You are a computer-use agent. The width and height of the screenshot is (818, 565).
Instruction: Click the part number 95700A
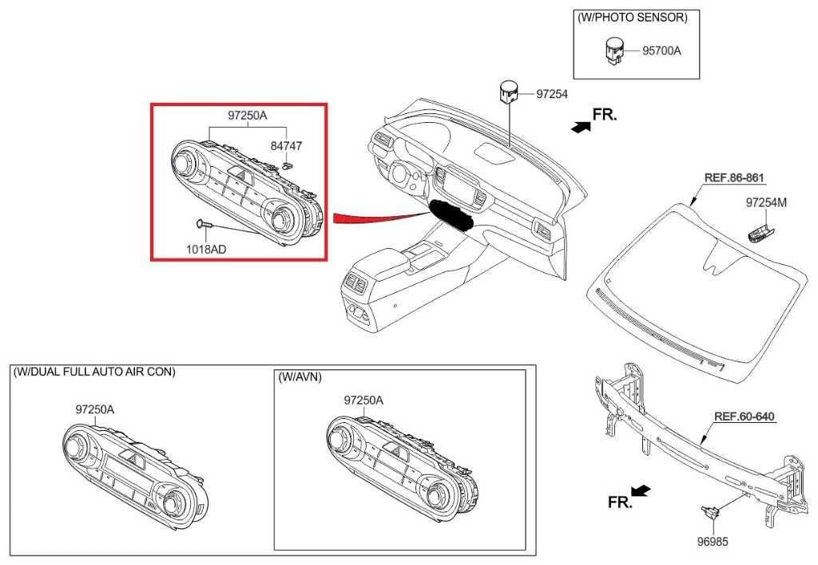click(661, 50)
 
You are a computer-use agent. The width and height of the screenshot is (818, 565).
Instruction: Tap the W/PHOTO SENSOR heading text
click(632, 17)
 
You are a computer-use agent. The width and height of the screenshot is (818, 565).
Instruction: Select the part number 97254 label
click(551, 94)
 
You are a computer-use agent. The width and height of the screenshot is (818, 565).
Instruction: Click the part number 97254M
click(766, 203)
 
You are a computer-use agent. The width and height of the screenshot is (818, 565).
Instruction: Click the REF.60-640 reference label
click(744, 416)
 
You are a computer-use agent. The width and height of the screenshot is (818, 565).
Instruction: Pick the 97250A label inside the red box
click(247, 116)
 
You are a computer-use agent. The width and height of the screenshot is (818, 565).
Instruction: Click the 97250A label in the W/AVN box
click(363, 400)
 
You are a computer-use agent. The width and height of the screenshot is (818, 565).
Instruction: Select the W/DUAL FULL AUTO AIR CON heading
click(94, 372)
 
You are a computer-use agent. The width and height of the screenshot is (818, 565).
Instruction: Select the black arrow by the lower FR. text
click(640, 490)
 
